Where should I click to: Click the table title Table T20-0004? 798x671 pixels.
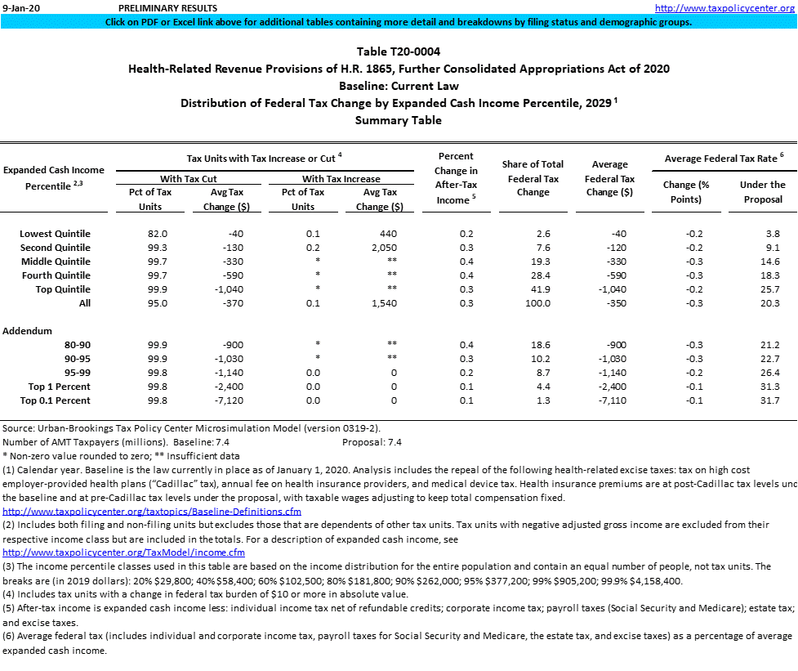click(398, 51)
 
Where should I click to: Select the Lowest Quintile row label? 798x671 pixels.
click(55, 234)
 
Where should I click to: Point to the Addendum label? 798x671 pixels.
click(27, 331)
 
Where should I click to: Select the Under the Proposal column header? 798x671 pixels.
click(762, 192)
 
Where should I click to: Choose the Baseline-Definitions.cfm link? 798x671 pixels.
click(152, 512)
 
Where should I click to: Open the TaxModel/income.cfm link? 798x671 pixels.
click(123, 552)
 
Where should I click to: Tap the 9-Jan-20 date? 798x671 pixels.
click(20, 7)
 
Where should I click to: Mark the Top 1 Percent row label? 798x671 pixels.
click(59, 387)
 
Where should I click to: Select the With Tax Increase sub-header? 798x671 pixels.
click(341, 178)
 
